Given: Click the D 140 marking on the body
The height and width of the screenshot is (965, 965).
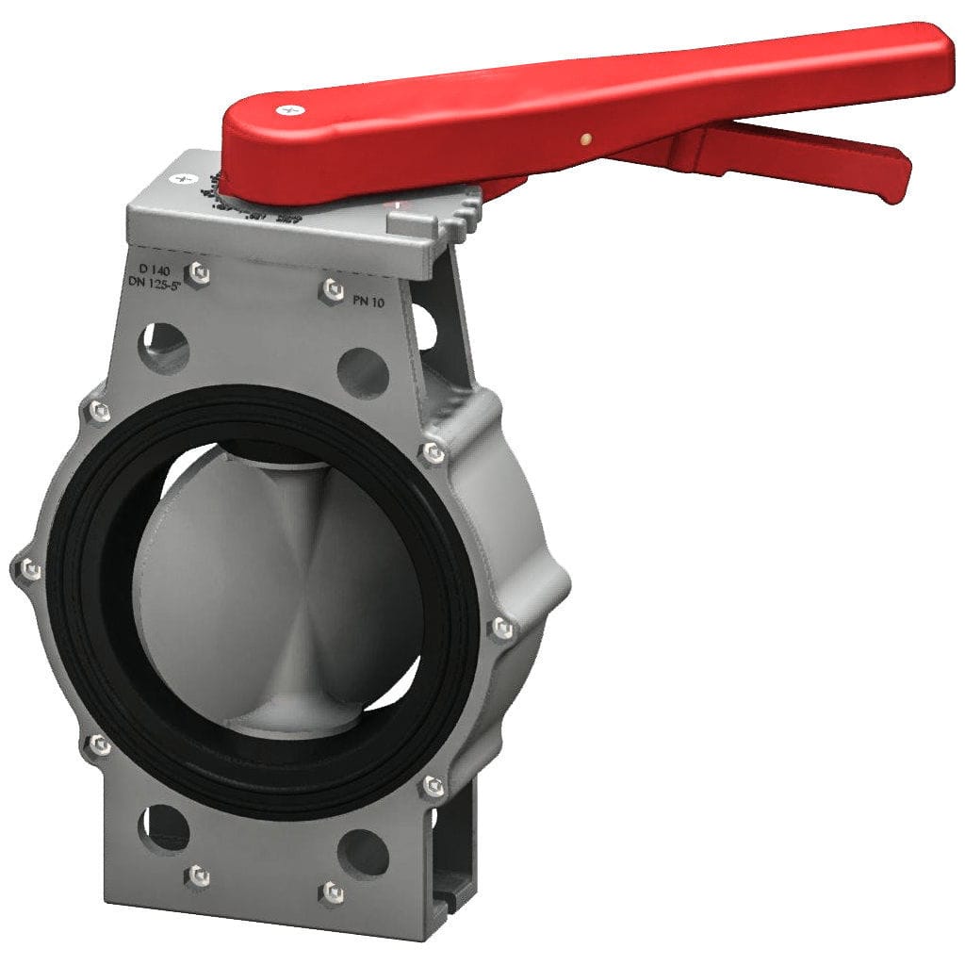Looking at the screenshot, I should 154,270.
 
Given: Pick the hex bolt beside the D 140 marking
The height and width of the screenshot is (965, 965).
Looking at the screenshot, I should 198,273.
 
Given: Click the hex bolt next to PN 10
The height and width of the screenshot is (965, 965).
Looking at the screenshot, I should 331,288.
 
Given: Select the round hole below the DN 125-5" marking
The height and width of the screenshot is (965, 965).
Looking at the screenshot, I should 165,347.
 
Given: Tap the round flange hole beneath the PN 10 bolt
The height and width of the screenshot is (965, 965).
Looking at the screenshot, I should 363,372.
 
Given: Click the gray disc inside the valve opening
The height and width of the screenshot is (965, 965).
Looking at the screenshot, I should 273,584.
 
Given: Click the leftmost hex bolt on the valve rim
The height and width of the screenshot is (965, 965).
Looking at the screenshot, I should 28,568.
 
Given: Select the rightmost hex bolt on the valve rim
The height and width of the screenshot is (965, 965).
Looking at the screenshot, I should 501,627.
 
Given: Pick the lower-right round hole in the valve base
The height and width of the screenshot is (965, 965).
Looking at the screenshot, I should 363,854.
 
